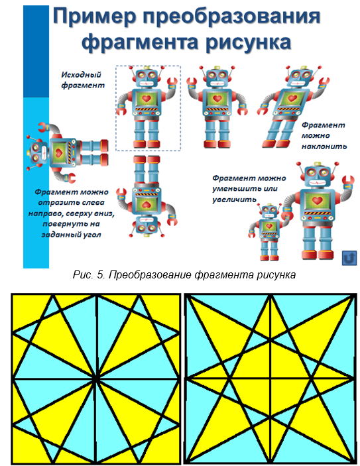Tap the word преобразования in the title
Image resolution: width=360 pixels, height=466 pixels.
pyautogui.click(x=231, y=17)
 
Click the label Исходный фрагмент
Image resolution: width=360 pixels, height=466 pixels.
pyautogui.click(x=83, y=80)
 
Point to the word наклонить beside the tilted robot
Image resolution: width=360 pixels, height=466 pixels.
pyautogui.click(x=324, y=146)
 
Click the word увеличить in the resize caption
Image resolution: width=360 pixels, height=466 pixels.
pyautogui.click(x=234, y=200)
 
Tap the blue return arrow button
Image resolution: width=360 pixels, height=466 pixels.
pyautogui.click(x=349, y=258)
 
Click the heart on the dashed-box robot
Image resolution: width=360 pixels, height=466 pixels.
pyautogui.click(x=147, y=98)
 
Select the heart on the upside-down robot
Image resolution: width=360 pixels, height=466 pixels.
pyautogui.click(x=146, y=204)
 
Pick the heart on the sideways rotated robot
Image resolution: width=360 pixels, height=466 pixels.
pyautogui.click(x=58, y=153)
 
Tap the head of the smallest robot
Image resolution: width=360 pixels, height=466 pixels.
pyautogui.click(x=270, y=211)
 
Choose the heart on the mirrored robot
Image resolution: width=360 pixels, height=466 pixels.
pyautogui.click(x=217, y=98)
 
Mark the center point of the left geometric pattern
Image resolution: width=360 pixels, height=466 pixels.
pyautogui.click(x=96, y=379)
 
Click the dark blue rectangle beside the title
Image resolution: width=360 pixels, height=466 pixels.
pyautogui.click(x=36, y=52)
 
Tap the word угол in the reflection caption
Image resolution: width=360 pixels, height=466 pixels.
pyautogui.click(x=87, y=235)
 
